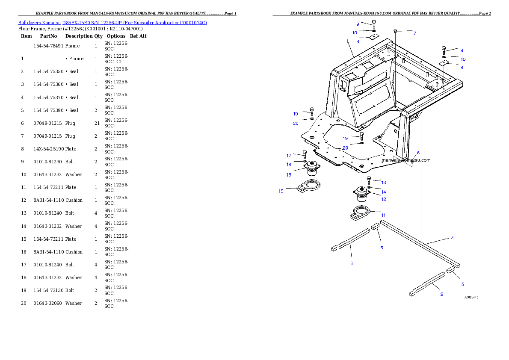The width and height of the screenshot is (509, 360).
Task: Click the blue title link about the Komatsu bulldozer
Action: point(112,23)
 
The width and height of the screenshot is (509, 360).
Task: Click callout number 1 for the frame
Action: point(347,41)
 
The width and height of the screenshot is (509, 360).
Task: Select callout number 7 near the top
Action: point(414,33)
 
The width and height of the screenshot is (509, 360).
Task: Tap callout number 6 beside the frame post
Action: point(418,153)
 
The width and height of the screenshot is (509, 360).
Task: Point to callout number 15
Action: point(281,191)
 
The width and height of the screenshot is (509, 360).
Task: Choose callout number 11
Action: point(383,215)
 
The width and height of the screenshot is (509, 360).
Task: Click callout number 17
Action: point(289,156)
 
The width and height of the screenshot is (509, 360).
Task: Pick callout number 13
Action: point(383,183)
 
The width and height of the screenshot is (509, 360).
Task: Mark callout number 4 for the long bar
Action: point(453,237)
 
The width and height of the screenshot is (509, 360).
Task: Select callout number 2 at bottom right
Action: point(441,294)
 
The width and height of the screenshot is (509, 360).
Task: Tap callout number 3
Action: point(351,263)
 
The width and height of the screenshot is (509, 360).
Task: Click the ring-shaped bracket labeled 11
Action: point(361,212)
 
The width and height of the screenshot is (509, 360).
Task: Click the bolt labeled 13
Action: point(369,180)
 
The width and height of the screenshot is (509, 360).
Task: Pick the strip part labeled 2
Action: point(427,284)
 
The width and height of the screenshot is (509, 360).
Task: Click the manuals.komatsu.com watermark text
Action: point(406,160)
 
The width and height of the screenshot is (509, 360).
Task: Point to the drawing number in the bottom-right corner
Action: point(471,297)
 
